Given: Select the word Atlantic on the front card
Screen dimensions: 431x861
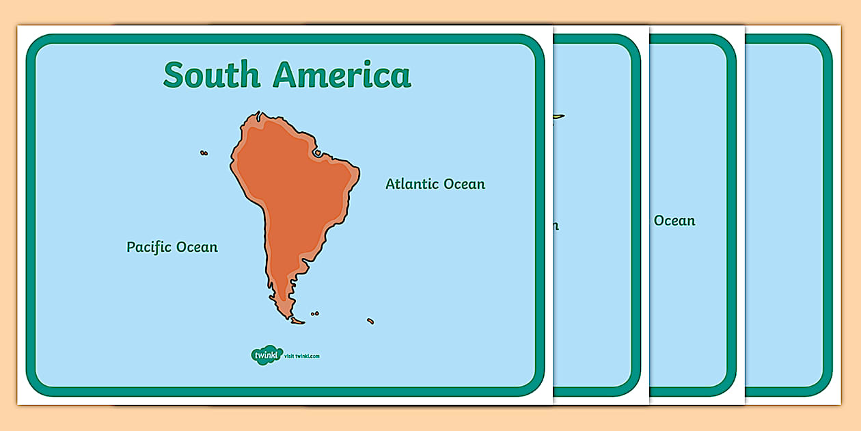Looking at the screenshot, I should (412, 184).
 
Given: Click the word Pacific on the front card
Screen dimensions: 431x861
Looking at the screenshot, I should (149, 247).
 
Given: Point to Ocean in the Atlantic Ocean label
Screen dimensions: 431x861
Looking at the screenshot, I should (464, 184).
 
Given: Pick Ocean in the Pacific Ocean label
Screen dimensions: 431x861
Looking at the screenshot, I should (197, 247).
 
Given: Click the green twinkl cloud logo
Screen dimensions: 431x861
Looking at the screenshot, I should (266, 355).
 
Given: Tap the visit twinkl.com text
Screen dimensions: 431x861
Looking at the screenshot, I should (302, 356).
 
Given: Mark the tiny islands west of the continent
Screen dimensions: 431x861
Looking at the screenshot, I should (204, 153).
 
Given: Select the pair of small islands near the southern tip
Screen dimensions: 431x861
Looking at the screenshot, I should (314, 314).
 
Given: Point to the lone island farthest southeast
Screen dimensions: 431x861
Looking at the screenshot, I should (370, 321).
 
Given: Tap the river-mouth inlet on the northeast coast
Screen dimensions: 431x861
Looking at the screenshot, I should (318, 153).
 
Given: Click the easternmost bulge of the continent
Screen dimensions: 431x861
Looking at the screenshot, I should (355, 177).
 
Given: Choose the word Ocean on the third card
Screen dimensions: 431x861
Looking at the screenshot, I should (674, 220).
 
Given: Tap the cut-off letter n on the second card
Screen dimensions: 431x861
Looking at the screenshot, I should (556, 225).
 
